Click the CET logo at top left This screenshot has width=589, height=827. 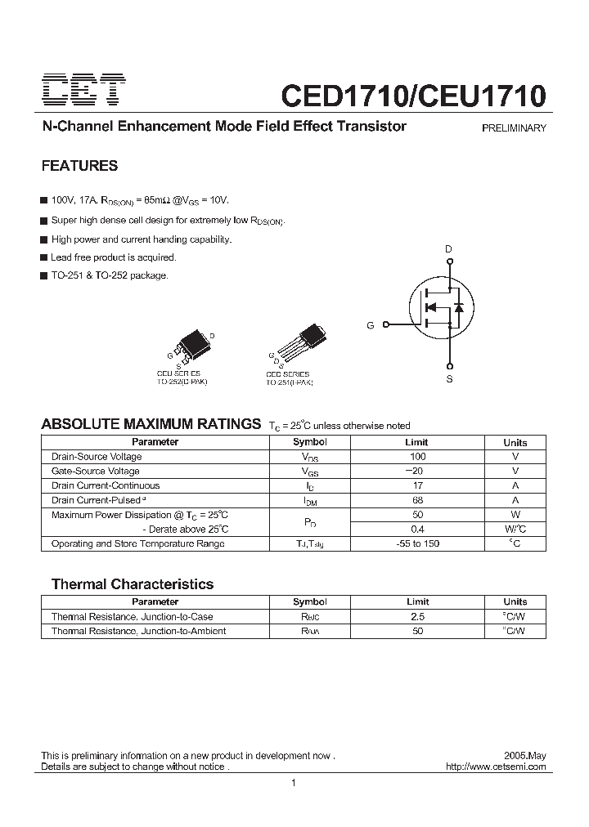point(83,90)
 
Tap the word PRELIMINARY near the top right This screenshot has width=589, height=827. point(514,128)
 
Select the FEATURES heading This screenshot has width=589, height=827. point(79,166)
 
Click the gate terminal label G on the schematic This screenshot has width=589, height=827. point(371,325)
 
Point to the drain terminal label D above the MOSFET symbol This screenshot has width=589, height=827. point(448,248)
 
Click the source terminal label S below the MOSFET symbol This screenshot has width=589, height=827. point(449,380)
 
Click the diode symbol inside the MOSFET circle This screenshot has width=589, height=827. point(459,308)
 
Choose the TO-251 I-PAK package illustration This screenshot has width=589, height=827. point(299,343)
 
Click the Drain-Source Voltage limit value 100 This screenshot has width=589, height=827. point(418,457)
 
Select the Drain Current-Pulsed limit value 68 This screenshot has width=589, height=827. point(418,500)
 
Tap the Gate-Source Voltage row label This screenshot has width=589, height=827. point(95,471)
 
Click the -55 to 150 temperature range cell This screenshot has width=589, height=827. point(418,543)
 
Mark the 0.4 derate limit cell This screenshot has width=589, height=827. point(418,529)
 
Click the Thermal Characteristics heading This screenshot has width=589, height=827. point(133,584)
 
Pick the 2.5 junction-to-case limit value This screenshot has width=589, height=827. point(418,617)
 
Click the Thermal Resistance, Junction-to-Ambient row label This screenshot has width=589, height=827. point(138,631)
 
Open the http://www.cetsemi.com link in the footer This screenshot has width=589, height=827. point(497,767)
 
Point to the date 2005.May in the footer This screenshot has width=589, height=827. point(525,756)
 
